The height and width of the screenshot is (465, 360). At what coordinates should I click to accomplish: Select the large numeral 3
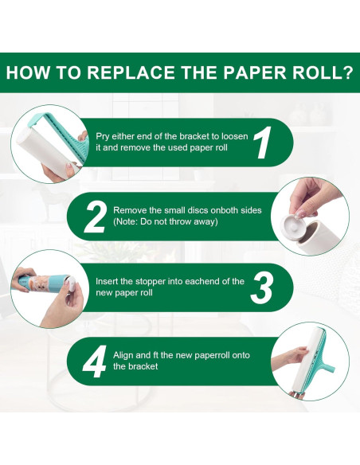tap(261, 287)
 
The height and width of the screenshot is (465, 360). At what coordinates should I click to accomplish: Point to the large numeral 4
tap(95, 361)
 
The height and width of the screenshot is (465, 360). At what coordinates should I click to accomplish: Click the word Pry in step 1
tap(102, 137)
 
